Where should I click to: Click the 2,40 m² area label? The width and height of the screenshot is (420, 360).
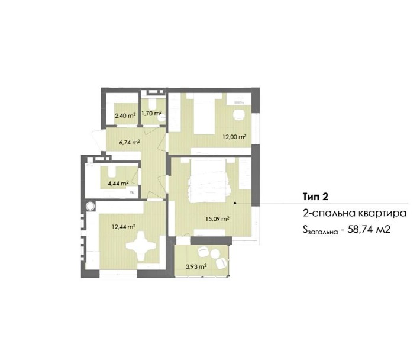[x=125, y=116]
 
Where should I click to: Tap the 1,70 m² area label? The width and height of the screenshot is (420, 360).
[x=151, y=113]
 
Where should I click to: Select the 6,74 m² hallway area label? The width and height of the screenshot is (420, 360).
[x=130, y=142]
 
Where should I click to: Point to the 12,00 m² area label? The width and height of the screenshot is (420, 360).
[x=235, y=137]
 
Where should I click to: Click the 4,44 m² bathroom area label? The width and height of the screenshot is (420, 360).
[x=118, y=184]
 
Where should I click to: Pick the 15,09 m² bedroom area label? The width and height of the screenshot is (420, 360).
[x=217, y=218]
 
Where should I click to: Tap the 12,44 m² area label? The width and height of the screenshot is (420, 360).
[x=124, y=227]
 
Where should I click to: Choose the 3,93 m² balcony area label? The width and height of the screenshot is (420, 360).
[x=196, y=266]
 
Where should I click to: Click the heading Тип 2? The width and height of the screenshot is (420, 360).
[x=315, y=197]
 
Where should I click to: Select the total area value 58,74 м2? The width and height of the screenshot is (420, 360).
[x=369, y=230]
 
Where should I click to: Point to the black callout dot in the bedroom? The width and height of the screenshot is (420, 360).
[x=235, y=203]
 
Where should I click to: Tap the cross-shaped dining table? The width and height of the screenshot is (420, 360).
[x=141, y=246]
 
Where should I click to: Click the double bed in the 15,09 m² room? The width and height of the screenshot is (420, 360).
[x=209, y=180]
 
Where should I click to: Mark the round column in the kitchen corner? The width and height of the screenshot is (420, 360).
[x=91, y=206]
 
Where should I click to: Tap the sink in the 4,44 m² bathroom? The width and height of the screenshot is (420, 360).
[x=111, y=171]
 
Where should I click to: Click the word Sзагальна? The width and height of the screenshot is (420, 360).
[x=321, y=230]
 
